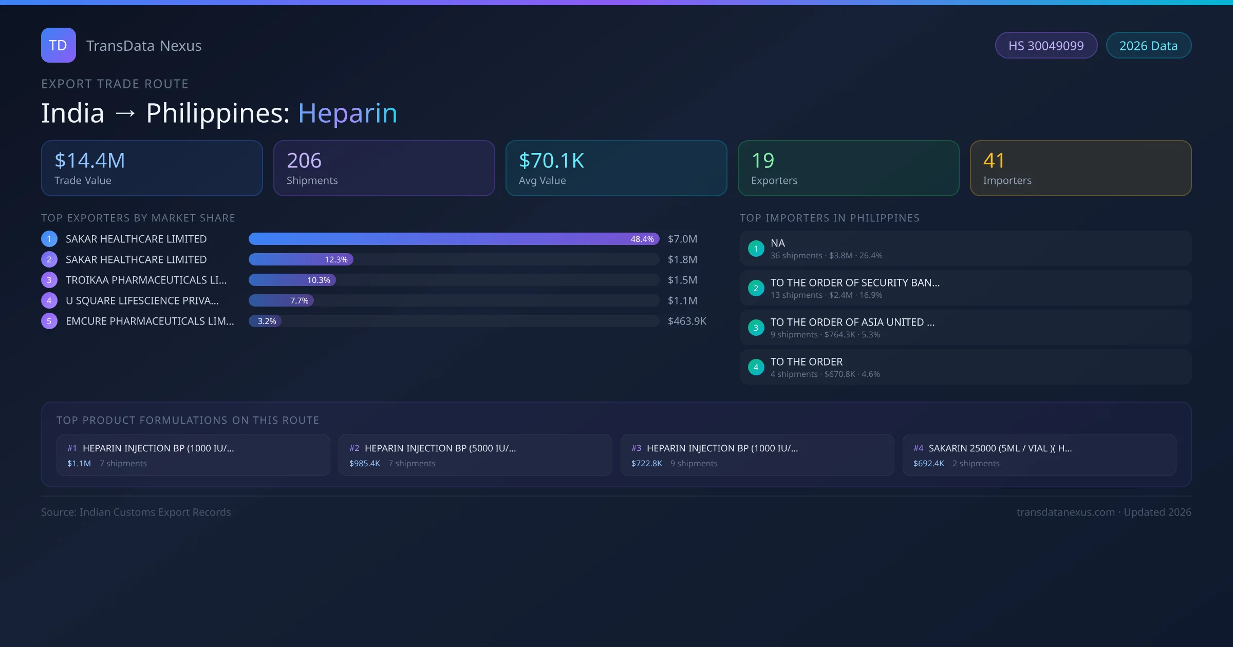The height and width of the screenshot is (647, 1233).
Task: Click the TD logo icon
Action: point(59,45)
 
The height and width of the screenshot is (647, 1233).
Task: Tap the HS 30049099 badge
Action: point(1046,46)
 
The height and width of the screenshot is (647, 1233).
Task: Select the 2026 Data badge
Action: point(1148,46)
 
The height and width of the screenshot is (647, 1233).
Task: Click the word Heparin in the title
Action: point(347,113)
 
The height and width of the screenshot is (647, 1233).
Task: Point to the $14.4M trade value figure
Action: point(90,161)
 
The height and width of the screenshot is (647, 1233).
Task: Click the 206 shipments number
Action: point(304,161)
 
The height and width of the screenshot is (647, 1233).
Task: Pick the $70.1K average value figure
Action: point(551,161)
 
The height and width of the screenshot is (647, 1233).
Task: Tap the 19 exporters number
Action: point(762,161)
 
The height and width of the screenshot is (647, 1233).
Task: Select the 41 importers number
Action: point(994,161)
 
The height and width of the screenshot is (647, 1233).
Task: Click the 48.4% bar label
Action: point(642,239)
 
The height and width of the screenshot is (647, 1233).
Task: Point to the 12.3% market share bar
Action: point(301,259)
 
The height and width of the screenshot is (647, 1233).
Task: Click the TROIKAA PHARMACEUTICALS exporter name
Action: point(146,280)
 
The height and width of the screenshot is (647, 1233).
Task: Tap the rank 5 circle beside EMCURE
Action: point(49,321)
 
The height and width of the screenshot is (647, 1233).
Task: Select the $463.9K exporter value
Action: point(687,321)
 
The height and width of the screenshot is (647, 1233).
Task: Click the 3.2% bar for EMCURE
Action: point(265,321)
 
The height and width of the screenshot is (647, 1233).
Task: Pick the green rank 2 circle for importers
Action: point(756,288)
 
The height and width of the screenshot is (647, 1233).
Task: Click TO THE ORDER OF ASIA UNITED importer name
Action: point(852,322)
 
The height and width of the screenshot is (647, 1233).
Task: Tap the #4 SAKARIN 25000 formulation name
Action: point(1000,448)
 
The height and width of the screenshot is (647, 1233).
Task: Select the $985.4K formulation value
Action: point(365,463)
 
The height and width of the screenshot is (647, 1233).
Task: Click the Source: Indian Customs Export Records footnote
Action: point(136,512)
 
